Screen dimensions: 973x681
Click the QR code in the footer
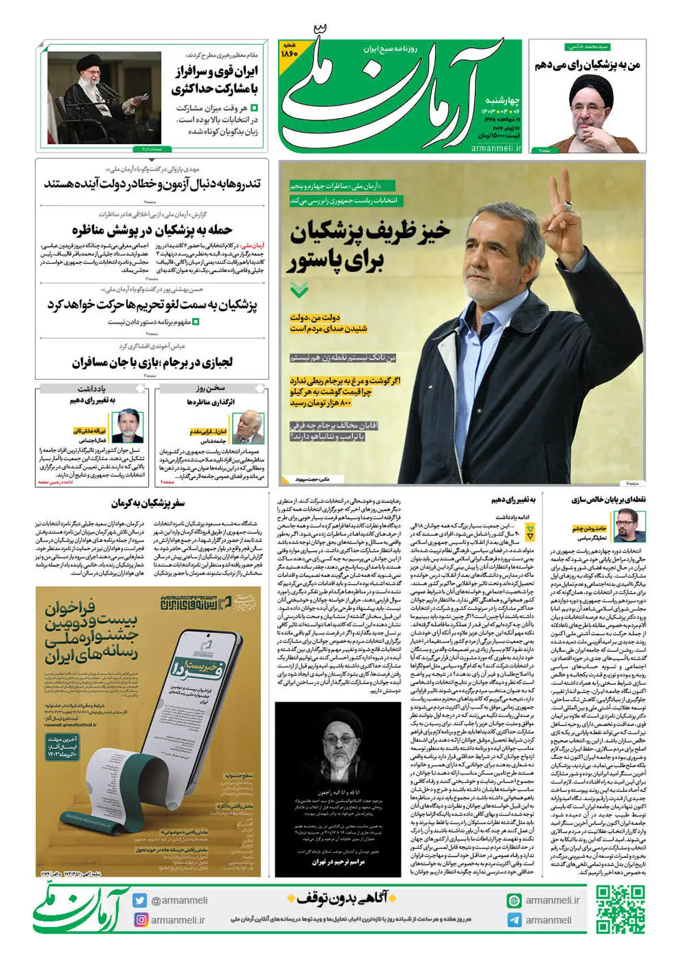pyautogui.click(x=621, y=909)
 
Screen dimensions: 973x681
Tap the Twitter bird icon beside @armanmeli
pyautogui.click(x=140, y=900)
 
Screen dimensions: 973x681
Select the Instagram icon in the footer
pyautogui.click(x=140, y=920)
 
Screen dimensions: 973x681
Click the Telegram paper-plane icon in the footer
pyautogui.click(x=514, y=920)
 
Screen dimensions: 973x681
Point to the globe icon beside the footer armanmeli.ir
pyautogui.click(x=514, y=900)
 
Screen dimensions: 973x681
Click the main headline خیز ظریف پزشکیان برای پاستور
pyautogui.click(x=369, y=245)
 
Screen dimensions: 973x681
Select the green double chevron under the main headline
pyautogui.click(x=299, y=291)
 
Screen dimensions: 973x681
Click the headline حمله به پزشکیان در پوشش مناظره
pyautogui.click(x=152, y=230)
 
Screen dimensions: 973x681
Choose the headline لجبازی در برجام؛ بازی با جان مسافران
pyautogui.click(x=152, y=362)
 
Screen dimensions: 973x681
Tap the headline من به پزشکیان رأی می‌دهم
pyautogui.click(x=587, y=65)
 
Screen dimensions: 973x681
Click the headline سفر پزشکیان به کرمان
pyautogui.click(x=148, y=503)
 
